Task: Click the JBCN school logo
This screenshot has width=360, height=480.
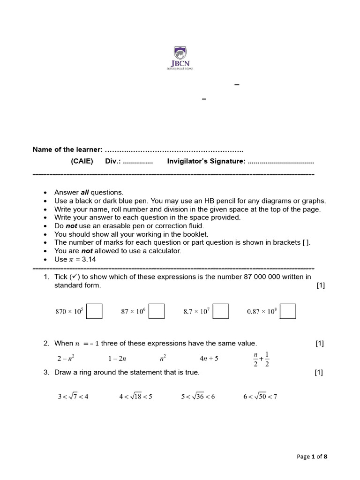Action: [x=180, y=58]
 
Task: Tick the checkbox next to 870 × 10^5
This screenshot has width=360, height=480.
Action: [x=95, y=311]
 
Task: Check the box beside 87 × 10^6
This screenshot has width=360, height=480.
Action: [x=157, y=311]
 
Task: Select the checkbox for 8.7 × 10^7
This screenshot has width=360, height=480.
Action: [x=221, y=311]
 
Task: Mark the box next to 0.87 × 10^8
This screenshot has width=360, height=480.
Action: [x=288, y=311]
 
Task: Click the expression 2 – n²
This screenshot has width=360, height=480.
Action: [x=66, y=359]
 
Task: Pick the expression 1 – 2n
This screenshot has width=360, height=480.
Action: [x=116, y=359]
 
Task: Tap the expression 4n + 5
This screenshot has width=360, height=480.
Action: [x=209, y=359]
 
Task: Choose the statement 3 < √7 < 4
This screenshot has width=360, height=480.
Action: [x=73, y=397]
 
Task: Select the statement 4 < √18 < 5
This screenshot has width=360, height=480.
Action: [x=135, y=397]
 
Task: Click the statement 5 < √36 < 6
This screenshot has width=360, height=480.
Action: [x=198, y=397]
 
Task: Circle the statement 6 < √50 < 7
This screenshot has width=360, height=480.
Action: [x=260, y=397]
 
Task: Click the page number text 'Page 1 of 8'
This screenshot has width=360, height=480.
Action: [x=312, y=457]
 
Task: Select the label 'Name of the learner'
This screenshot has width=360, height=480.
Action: [x=67, y=150]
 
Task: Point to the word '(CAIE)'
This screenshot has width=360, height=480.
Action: [x=82, y=161]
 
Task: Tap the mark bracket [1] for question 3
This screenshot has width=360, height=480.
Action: [x=319, y=373]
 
